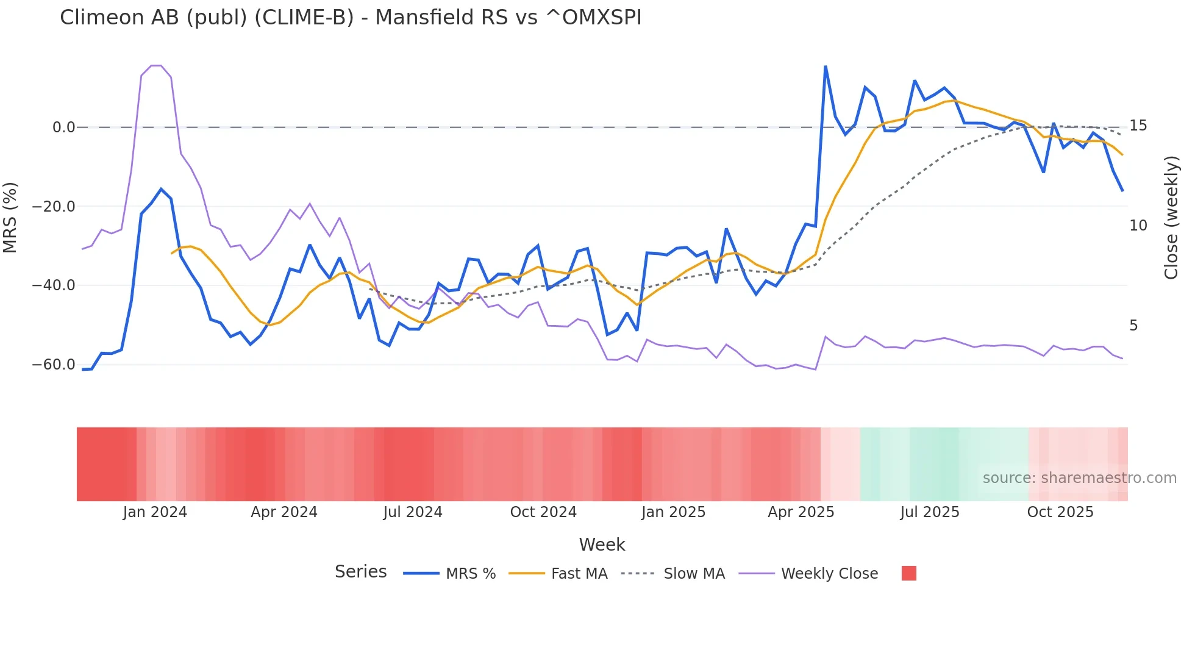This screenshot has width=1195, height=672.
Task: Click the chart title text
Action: [x=351, y=18]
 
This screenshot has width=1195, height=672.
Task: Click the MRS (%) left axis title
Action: [x=10, y=217]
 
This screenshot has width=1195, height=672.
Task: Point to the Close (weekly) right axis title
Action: [x=1171, y=217]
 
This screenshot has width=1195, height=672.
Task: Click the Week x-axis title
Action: [x=602, y=545]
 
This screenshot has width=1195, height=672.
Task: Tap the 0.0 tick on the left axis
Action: [x=63, y=127]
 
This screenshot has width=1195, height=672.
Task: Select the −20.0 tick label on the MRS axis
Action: [x=54, y=207]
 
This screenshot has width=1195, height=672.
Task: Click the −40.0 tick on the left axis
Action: [x=54, y=285]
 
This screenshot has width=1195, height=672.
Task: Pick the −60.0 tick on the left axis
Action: [x=54, y=365]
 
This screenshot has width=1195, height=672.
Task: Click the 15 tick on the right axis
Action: [x=1138, y=126]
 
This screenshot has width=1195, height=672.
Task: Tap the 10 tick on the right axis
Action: [x=1138, y=226]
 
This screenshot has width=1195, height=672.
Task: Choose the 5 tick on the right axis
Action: [x=1133, y=326]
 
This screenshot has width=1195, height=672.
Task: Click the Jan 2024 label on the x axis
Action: [x=155, y=512]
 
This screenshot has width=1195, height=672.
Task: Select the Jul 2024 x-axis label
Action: [x=413, y=512]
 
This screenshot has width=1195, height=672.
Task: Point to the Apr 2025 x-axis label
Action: [x=801, y=512]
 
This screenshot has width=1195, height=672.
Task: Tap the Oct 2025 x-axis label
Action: [x=1060, y=512]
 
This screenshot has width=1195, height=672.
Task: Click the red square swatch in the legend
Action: [x=908, y=573]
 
